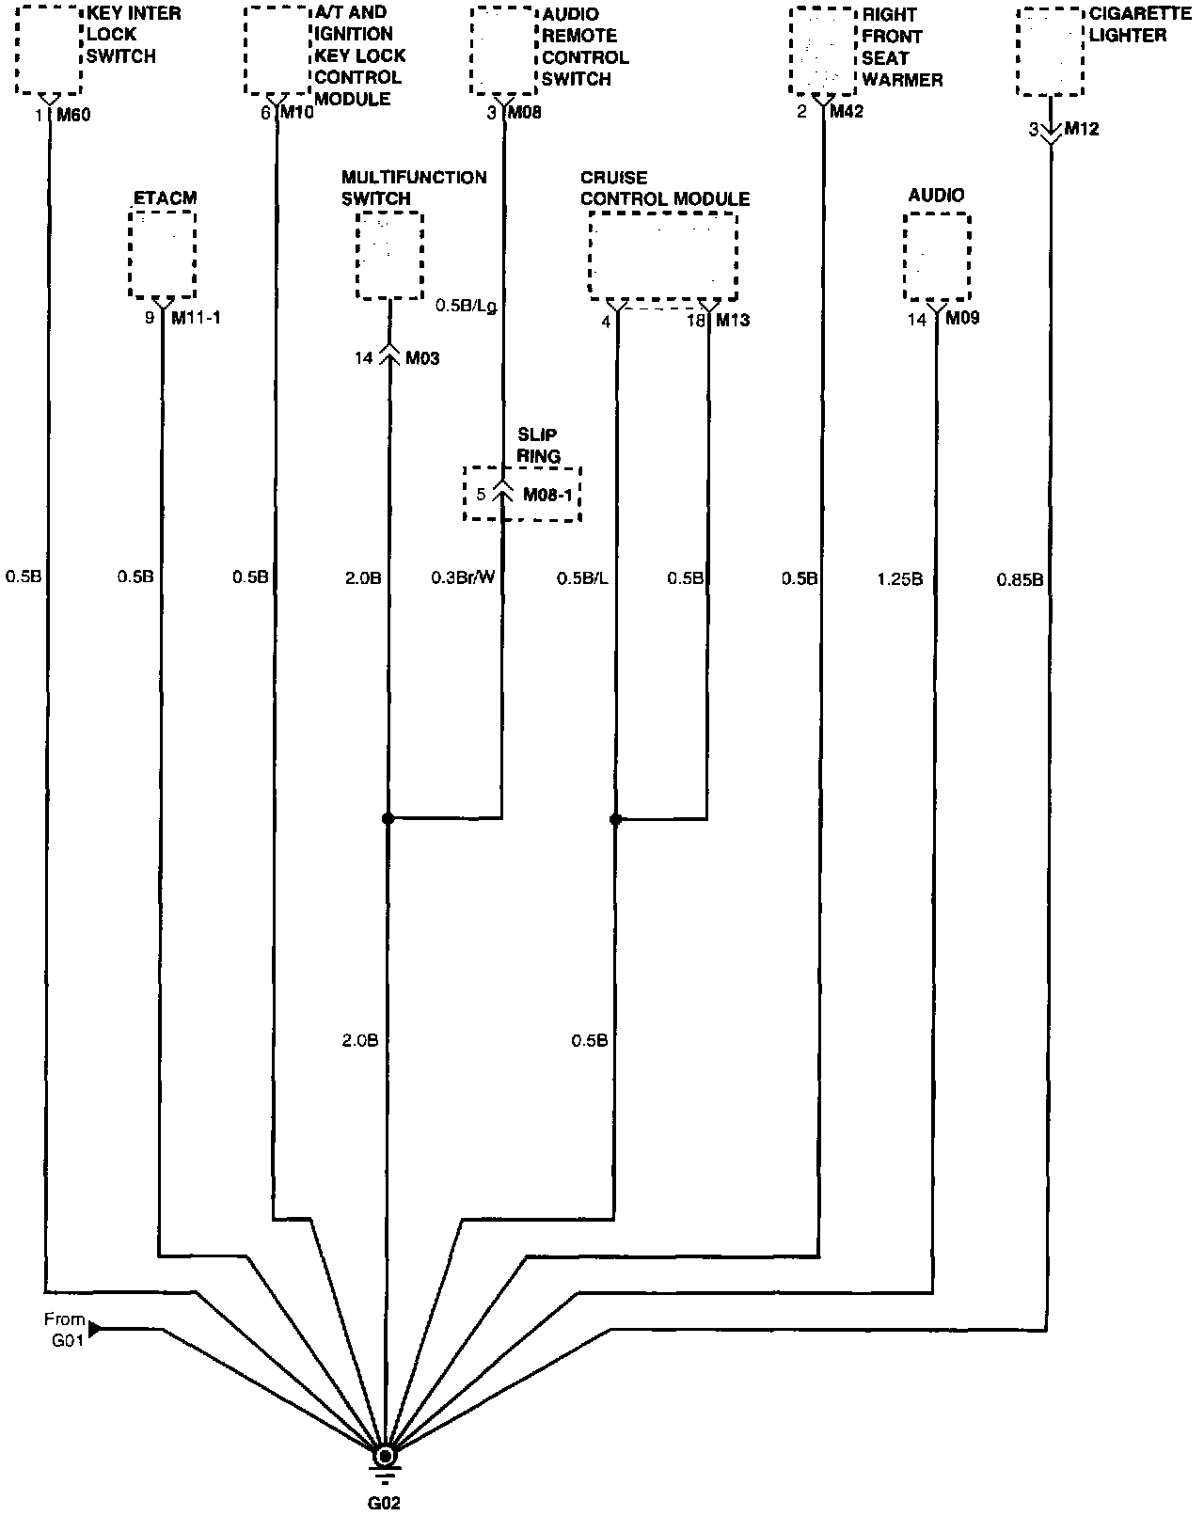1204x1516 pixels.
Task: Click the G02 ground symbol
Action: pos(384,1457)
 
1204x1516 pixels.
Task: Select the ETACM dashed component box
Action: pos(163,254)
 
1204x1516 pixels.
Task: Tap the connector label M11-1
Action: pos(196,318)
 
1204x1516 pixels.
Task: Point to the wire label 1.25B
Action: pos(899,579)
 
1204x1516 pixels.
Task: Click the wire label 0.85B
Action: pos(1020,579)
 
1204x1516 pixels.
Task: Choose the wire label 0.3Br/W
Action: pos(463,577)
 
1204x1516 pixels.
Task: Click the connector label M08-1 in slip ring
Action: pos(547,495)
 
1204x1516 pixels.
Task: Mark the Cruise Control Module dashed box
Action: pos(663,256)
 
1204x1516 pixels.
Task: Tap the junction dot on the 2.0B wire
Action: pos(388,819)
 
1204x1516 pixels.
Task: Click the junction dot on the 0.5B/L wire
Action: pos(616,820)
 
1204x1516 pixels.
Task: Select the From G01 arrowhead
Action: pos(94,1330)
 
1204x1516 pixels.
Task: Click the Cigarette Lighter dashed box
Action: pos(1051,52)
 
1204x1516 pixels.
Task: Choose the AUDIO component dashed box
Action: pos(937,257)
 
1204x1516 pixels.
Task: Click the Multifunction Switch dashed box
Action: pos(389,256)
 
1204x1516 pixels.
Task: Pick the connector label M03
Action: pos(421,358)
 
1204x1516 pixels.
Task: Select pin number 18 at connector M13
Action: pos(695,321)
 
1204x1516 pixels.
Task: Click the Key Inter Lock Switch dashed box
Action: pos(49,50)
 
